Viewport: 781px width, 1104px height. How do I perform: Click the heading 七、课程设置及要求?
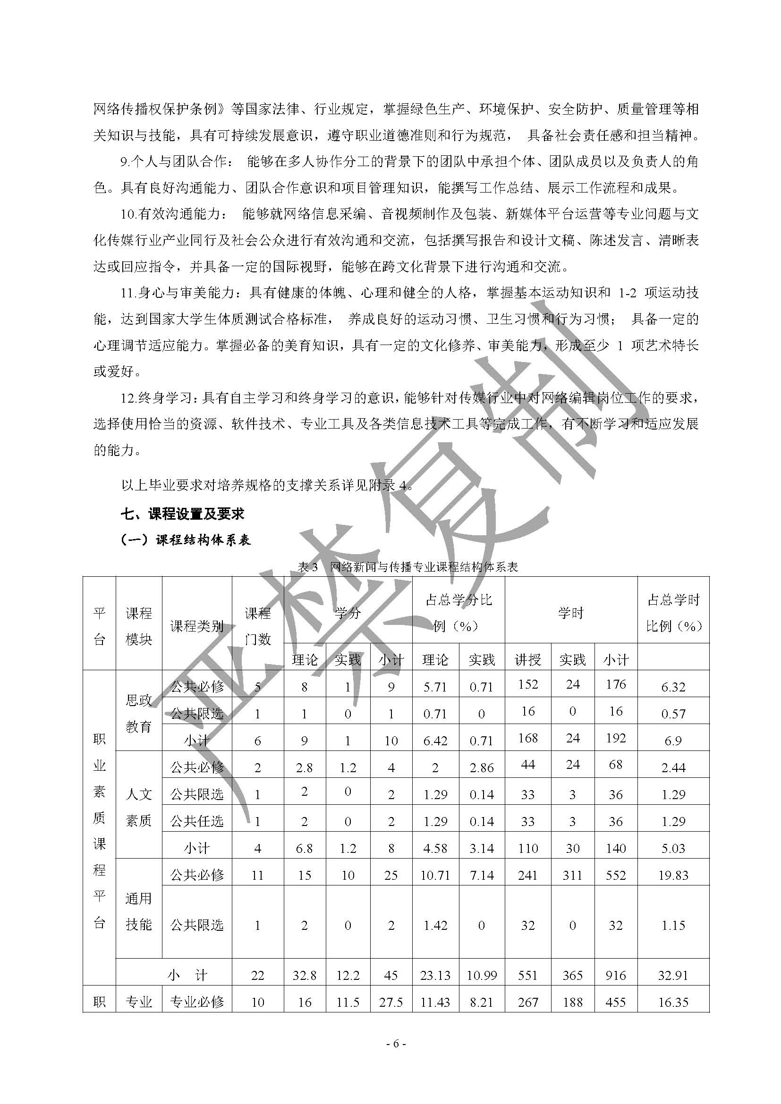(183, 514)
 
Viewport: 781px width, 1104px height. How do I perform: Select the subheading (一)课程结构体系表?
(186, 539)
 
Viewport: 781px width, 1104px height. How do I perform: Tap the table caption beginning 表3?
(407, 567)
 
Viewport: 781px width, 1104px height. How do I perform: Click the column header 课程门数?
(258, 625)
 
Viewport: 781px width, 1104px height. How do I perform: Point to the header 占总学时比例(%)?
(673, 613)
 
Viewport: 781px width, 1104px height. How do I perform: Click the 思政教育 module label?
(139, 714)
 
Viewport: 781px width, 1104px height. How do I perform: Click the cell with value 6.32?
(673, 687)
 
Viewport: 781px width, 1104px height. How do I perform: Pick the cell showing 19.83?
(673, 875)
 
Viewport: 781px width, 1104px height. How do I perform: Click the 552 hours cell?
(616, 875)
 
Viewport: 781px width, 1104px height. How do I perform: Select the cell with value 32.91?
(673, 975)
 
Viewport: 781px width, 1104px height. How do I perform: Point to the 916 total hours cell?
(616, 975)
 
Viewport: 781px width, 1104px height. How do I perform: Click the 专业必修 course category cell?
(197, 1002)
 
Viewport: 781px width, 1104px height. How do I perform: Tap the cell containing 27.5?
(391, 1002)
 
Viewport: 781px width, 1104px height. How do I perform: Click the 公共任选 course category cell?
(197, 821)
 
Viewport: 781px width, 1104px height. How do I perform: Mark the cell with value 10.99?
(481, 975)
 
